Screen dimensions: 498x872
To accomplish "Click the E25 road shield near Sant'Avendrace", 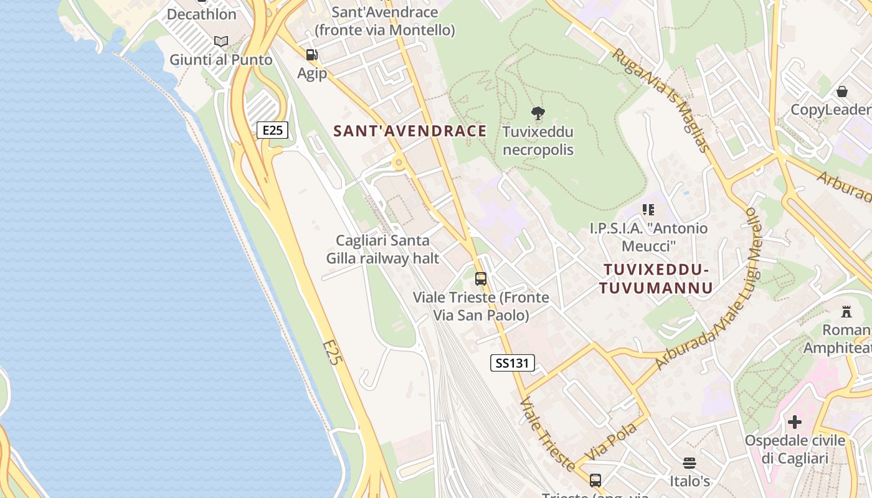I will click(x=272, y=130).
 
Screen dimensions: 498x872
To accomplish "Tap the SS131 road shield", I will click(x=513, y=363).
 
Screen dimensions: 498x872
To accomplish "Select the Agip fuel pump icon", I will click(x=312, y=55).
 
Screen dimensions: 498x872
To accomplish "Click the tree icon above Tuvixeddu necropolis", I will click(x=538, y=113).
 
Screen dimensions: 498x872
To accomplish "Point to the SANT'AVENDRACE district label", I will click(x=410, y=131).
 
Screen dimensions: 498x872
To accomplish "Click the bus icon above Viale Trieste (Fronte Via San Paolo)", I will click(x=481, y=279).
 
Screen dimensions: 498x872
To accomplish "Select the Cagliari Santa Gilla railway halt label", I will click(x=382, y=249).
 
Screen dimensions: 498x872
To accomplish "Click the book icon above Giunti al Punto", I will click(x=221, y=42).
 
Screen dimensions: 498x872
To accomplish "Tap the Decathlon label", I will click(x=201, y=14).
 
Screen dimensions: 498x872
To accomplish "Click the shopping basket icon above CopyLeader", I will click(x=842, y=92).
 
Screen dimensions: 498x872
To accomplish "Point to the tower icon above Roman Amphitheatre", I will click(x=846, y=311).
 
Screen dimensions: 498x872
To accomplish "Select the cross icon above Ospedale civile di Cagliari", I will click(x=795, y=422).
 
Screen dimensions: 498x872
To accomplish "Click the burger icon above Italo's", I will click(x=689, y=463).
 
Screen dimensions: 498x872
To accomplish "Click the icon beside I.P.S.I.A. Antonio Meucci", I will click(x=648, y=210).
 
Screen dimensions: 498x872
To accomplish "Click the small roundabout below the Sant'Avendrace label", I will click(x=398, y=164).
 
